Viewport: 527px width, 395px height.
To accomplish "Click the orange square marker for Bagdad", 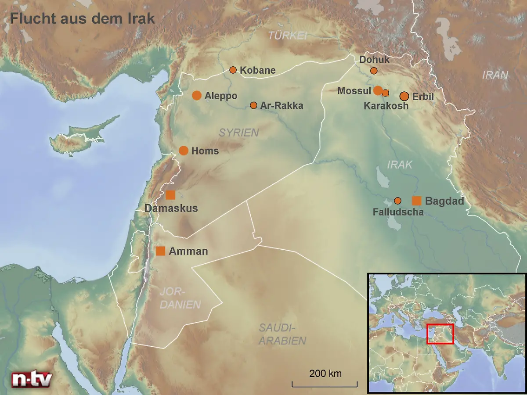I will pyautogui.click(x=416, y=201).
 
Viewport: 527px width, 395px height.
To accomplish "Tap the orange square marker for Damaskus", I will pyautogui.click(x=170, y=195).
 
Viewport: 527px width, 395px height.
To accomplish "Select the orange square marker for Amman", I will pyautogui.click(x=161, y=251).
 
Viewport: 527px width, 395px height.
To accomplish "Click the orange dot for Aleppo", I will pyautogui.click(x=197, y=96).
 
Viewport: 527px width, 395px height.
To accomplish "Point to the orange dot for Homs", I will pyautogui.click(x=184, y=151).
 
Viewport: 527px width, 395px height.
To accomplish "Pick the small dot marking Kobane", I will pyautogui.click(x=233, y=70).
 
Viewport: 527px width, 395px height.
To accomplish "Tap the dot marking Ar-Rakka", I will pyautogui.click(x=253, y=105).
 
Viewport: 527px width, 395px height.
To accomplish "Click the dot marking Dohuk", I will pyautogui.click(x=374, y=70).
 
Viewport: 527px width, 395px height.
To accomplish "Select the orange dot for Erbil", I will pyautogui.click(x=404, y=96).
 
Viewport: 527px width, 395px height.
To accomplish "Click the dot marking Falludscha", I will pyautogui.click(x=397, y=201).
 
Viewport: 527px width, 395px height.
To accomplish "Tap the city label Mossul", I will pyautogui.click(x=354, y=91).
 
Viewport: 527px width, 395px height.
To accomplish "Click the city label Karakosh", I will pyautogui.click(x=386, y=106).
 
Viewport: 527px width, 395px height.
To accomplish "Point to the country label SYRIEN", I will pyautogui.click(x=239, y=133).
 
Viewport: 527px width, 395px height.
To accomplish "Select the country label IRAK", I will pyautogui.click(x=400, y=165).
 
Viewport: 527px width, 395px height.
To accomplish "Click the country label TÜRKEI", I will pyautogui.click(x=288, y=36).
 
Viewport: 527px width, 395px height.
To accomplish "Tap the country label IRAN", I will pyautogui.click(x=495, y=75).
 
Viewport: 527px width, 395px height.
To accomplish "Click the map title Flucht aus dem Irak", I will pyautogui.click(x=83, y=19).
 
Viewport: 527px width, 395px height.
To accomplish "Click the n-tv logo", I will pyautogui.click(x=32, y=379).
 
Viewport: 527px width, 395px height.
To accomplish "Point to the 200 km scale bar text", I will pyautogui.click(x=325, y=373).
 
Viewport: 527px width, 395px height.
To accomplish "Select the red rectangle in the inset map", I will pyautogui.click(x=440, y=334).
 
